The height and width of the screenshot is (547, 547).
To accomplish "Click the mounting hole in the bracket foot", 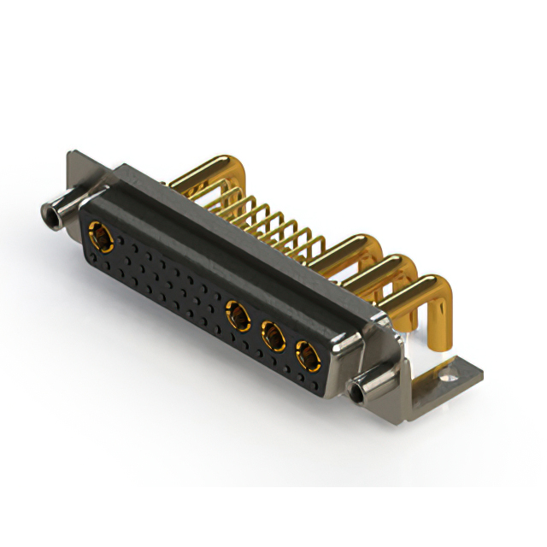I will point(446,373).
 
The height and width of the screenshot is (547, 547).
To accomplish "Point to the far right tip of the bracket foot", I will point(481,370).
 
